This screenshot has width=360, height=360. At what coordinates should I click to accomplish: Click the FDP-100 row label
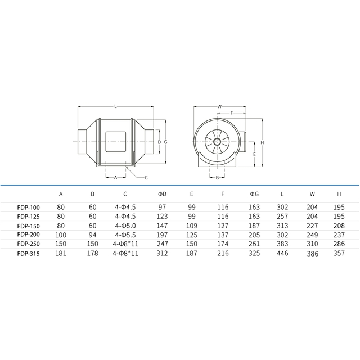29,208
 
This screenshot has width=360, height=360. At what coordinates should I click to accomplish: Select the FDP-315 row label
29,254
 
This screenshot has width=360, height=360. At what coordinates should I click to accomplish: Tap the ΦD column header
162,194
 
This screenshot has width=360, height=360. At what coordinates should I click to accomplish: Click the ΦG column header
254,194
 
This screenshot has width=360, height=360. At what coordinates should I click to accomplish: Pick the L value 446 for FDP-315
282,253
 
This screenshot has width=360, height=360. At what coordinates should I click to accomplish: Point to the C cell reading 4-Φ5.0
125,226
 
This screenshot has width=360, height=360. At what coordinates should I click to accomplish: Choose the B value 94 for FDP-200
92,235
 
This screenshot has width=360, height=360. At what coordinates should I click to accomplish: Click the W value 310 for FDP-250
312,244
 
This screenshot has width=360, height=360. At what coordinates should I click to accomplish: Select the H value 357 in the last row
339,253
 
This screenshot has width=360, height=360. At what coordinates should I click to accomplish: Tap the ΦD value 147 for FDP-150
162,226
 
